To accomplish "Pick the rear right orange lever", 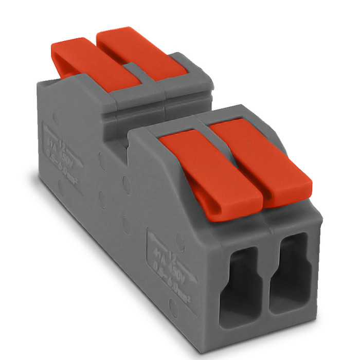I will tap(136, 51).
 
